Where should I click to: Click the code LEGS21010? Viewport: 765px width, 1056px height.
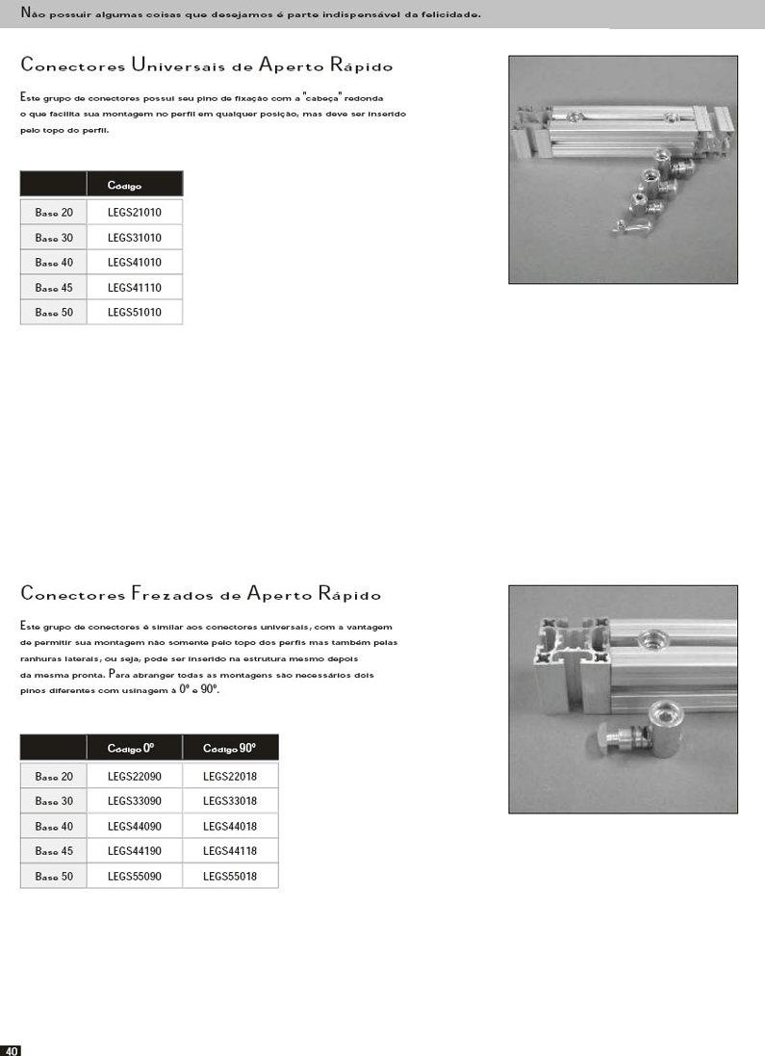(x=134, y=212)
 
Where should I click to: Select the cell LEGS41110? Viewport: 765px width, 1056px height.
(x=134, y=287)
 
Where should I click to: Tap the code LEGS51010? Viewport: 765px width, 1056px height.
(x=134, y=312)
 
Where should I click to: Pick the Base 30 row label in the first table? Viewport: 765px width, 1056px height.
(x=54, y=237)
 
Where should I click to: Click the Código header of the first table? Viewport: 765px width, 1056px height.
(x=125, y=185)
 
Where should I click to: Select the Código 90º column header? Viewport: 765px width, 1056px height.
(x=230, y=748)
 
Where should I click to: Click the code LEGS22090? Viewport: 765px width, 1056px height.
(x=134, y=776)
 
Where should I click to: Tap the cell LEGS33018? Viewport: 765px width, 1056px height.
(x=230, y=801)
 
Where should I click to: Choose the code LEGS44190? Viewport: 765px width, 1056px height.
(x=134, y=851)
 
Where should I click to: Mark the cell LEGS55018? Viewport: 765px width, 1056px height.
(x=230, y=876)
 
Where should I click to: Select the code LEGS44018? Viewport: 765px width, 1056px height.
(x=230, y=826)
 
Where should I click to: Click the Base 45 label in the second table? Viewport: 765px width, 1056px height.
(x=54, y=851)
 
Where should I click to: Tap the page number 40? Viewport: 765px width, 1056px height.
(x=12, y=1049)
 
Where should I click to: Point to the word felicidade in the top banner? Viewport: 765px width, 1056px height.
(x=444, y=14)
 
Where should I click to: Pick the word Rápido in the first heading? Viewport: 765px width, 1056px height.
(x=362, y=65)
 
